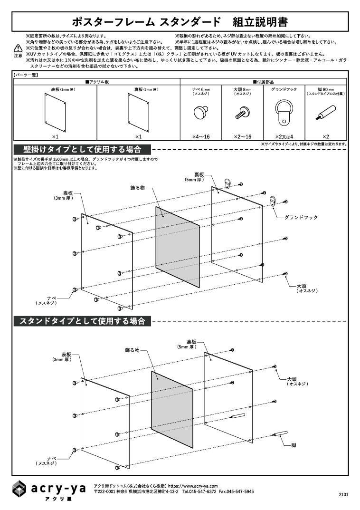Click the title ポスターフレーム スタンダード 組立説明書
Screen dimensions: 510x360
pyautogui.click(x=180, y=22)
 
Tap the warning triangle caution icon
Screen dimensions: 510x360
pyautogui.click(x=18, y=48)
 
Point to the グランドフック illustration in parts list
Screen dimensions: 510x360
pyautogui.click(x=284, y=110)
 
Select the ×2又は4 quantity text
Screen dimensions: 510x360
pyautogui.click(x=284, y=137)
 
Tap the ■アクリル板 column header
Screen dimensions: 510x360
pyautogui.click(x=97, y=82)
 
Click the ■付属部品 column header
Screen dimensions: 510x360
pyautogui.click(x=264, y=82)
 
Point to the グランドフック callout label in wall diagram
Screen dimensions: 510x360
pyautogui.click(x=301, y=217)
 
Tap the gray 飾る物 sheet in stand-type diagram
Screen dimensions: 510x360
pyautogui.click(x=172, y=409)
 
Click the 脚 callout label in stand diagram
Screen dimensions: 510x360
pyautogui.click(x=294, y=445)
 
